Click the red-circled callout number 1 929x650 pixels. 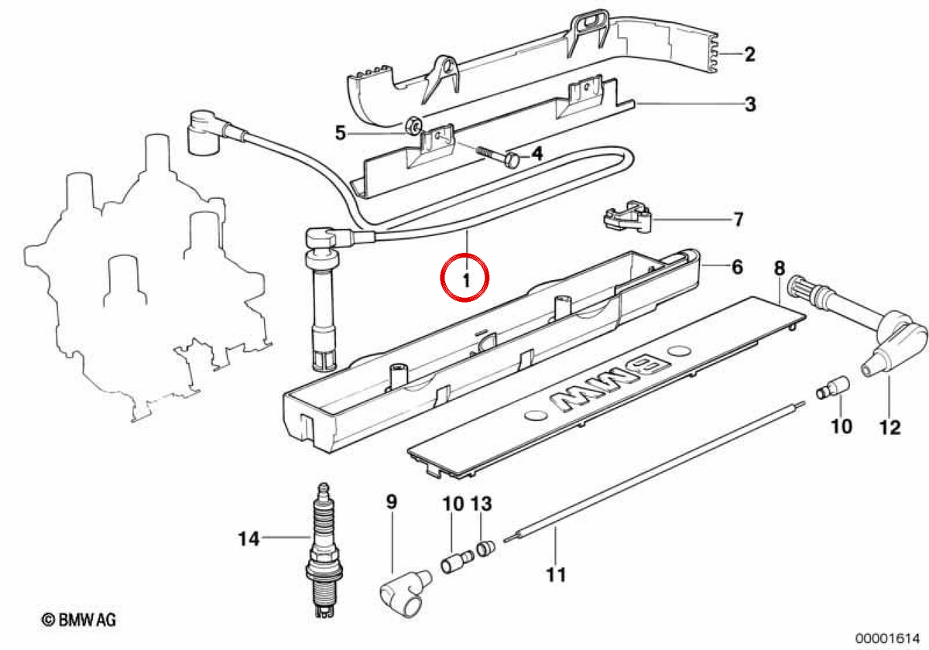(x=467, y=281)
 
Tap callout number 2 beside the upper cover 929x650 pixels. (x=750, y=54)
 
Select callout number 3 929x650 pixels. (x=750, y=104)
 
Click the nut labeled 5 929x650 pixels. (x=413, y=125)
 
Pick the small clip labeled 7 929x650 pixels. (x=628, y=217)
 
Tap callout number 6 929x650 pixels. (x=737, y=268)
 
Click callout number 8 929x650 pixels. (x=780, y=269)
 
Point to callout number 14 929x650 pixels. (x=249, y=539)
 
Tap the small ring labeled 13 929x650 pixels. (x=485, y=549)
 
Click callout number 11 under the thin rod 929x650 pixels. (x=556, y=575)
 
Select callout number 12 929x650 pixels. (x=890, y=428)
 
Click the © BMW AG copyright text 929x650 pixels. (x=79, y=620)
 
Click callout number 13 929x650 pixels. (x=481, y=504)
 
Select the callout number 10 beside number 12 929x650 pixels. (x=842, y=426)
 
